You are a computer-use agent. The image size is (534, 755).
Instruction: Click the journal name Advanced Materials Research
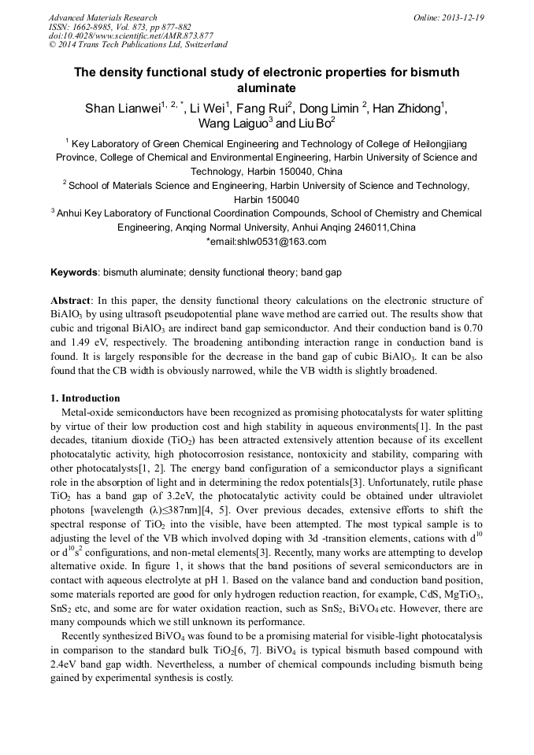pos(103,17)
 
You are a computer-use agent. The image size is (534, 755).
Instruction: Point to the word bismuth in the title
pos(433,72)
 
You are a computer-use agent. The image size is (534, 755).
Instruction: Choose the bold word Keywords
pos(74,272)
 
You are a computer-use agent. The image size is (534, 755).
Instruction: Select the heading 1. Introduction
pos(85,398)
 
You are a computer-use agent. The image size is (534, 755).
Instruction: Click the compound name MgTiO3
pos(462,595)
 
